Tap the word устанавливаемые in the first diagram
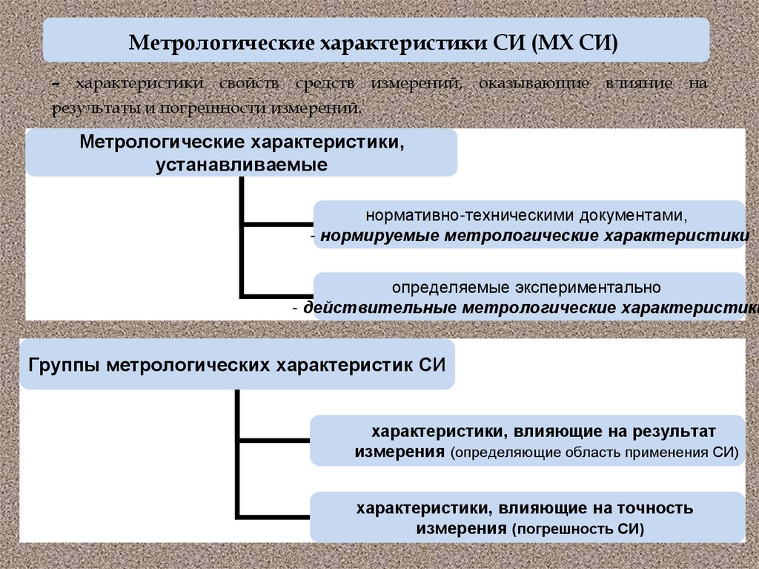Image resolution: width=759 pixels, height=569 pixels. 242,163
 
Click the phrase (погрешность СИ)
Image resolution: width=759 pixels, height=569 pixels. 577,529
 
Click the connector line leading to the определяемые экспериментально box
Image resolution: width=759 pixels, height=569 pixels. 278,295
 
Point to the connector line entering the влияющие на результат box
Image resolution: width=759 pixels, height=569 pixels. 274,441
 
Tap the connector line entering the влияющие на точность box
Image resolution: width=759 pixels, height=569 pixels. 274,516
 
